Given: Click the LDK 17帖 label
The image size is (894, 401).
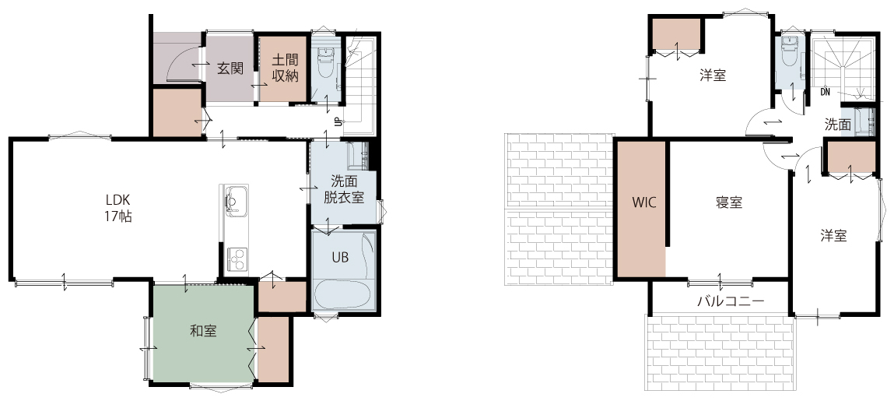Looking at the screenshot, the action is pos(118,208).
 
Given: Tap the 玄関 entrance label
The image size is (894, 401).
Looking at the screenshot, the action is pos(230,68).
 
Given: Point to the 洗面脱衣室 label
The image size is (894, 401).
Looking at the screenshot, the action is pos(345,191).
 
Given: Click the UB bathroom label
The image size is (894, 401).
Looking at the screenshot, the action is pos(340,257).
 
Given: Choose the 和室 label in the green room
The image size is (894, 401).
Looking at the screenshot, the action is pos(203,331).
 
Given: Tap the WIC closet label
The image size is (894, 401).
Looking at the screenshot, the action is pos(643,202).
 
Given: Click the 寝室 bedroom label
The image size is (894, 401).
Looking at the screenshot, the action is pos(729,202).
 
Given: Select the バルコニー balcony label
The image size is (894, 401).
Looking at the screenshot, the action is pos(731,301).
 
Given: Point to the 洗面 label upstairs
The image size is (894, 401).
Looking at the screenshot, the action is pos(838,125).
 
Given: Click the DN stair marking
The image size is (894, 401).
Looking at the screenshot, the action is pos(825,91).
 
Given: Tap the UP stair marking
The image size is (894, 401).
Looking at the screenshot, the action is pos(338,121).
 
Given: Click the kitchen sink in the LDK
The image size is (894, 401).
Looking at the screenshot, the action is pos(233,202).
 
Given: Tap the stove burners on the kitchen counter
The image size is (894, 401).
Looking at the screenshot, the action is pos(237,258).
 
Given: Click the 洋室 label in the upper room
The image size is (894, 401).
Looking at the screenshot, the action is pos(713,76).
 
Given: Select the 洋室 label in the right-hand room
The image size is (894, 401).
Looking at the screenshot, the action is pos(833,236).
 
